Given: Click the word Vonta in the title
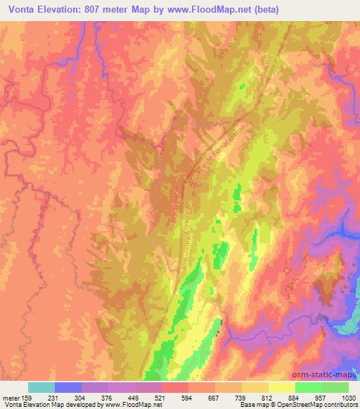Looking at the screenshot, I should pos(23,9).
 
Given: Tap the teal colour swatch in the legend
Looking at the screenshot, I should pos(41,387).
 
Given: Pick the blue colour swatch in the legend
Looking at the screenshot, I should pos(68,387).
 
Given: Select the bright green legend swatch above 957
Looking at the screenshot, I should pos(309,387).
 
